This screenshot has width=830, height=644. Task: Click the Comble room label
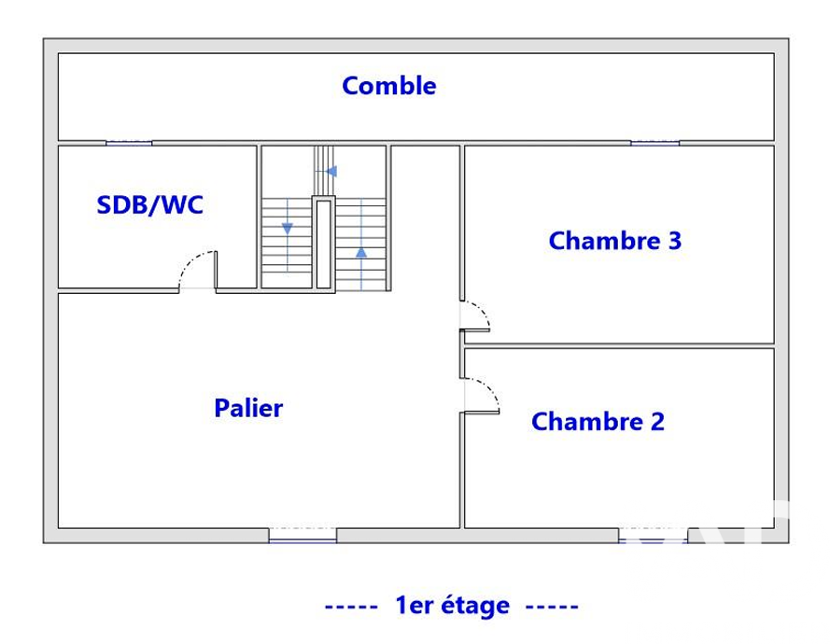click(x=389, y=86)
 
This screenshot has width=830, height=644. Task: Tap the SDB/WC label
click(x=149, y=205)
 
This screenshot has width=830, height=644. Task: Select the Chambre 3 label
click(x=614, y=241)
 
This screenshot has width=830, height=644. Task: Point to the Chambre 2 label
click(x=598, y=422)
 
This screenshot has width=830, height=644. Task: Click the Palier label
click(x=248, y=408)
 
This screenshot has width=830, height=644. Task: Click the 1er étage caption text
click(x=453, y=606)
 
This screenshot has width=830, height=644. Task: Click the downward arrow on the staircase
click(x=288, y=229)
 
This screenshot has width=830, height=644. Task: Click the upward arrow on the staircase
click(x=361, y=253)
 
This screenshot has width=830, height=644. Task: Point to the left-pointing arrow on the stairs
click(x=331, y=172)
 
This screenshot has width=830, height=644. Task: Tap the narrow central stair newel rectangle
click(x=323, y=244)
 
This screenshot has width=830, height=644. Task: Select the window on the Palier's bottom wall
click(x=302, y=535)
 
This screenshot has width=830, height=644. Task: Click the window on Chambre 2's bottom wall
click(x=653, y=535)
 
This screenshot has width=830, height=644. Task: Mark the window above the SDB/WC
click(x=129, y=143)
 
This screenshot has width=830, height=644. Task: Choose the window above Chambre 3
click(x=654, y=143)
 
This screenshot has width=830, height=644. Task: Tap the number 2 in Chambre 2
click(x=657, y=422)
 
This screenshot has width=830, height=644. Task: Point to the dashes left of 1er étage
click(x=351, y=607)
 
